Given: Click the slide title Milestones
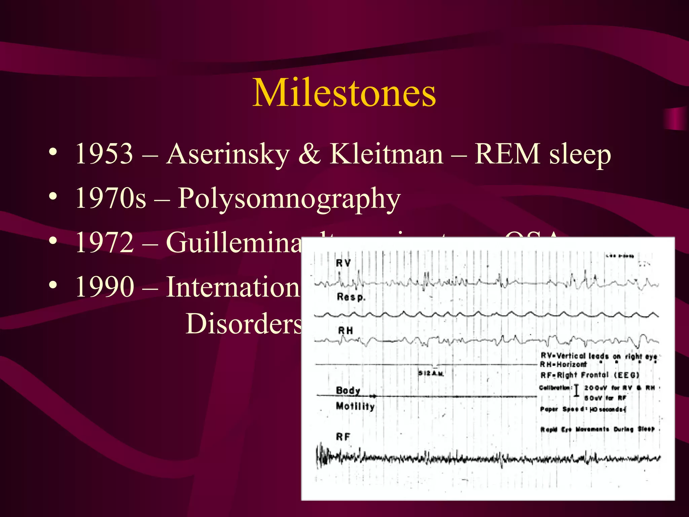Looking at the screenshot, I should (344, 93).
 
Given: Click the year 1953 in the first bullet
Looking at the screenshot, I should (104, 154).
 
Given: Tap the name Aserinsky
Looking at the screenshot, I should (228, 154).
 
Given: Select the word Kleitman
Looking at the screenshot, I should (386, 154).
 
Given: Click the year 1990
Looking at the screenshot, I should (104, 286).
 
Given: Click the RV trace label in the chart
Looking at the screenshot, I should (343, 263).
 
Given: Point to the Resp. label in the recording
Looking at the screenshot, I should (351, 297).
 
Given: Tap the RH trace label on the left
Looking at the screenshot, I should (346, 331).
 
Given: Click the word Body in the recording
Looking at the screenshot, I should (348, 390).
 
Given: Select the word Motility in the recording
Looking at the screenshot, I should (355, 406).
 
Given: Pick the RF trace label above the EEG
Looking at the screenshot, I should (343, 437).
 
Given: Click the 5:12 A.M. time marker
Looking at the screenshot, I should (431, 373).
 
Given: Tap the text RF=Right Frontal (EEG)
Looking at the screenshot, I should (589, 375).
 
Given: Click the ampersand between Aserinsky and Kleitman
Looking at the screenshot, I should (309, 154).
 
